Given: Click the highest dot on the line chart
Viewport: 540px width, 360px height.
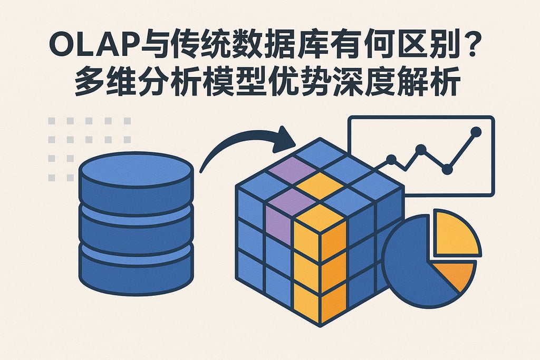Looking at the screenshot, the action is coord(476,131).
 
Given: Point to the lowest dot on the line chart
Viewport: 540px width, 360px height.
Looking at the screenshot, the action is coord(447,169).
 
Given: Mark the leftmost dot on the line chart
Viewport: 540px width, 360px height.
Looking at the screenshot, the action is coord(391,159).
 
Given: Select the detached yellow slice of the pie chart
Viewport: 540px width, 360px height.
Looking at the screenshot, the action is coord(455,234).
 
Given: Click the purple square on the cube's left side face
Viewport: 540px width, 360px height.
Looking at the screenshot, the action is coord(279,226).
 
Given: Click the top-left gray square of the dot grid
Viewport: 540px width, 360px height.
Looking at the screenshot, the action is coord(52,121).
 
